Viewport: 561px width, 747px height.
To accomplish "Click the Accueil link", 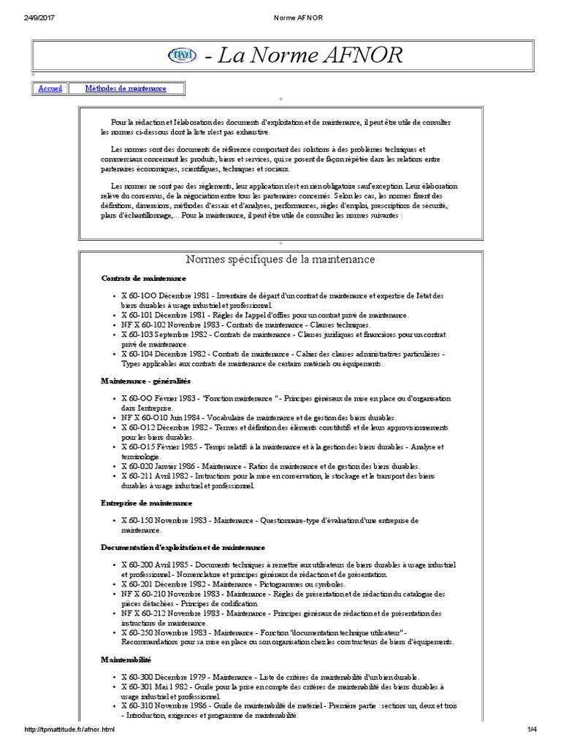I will (50, 89).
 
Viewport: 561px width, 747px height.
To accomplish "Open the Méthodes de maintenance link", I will (126, 89).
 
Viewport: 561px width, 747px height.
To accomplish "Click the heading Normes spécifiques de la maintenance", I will (280, 260).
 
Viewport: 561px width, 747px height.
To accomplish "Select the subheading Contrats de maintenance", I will (143, 279).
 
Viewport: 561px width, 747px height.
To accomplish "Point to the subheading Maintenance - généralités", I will (145, 381).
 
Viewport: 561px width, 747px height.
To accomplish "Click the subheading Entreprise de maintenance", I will (147, 503).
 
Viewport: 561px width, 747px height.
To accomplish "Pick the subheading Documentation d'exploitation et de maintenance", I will (183, 547).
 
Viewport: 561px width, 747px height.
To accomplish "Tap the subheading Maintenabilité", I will (126, 659).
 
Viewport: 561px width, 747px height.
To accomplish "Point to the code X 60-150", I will (137, 521).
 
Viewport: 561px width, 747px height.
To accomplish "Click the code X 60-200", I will (137, 565).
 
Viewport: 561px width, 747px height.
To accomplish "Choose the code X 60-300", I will (137, 678).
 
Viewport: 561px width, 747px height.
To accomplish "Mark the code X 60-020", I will (137, 465).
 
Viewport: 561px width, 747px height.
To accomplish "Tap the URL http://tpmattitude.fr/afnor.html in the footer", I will (70, 730).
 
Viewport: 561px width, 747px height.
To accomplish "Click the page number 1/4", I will (530, 730).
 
